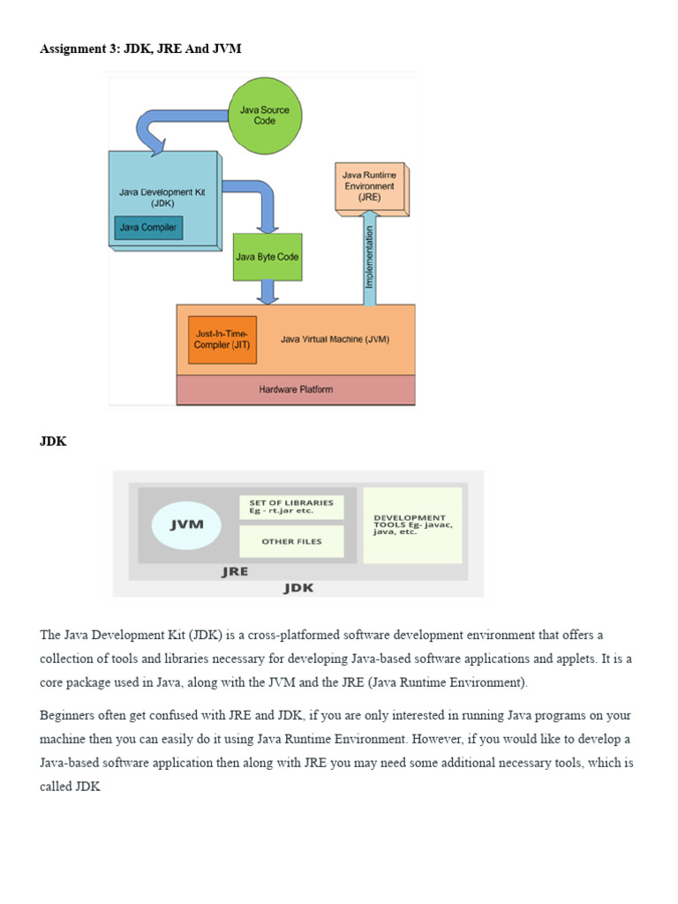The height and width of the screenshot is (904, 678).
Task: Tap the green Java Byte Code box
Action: (267, 257)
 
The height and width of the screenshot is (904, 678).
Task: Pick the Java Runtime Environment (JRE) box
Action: (369, 187)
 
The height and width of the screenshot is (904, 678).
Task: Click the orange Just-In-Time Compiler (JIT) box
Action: (222, 340)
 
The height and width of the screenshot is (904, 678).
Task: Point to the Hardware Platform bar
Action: (296, 389)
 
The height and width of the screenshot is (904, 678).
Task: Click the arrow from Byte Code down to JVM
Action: (267, 292)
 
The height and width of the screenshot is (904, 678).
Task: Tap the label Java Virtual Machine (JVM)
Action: (335, 339)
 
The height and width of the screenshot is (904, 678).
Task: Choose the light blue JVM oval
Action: (186, 524)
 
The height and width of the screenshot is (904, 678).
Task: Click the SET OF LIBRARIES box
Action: (291, 507)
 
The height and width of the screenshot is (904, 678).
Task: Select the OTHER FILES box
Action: (291, 541)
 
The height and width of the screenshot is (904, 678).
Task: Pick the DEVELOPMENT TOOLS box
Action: (412, 524)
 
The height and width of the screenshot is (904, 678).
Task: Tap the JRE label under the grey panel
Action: (234, 571)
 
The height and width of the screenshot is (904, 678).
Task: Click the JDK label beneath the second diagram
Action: (298, 588)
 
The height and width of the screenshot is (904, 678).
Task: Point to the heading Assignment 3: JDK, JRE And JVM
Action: (140, 49)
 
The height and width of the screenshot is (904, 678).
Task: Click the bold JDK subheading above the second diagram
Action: (53, 442)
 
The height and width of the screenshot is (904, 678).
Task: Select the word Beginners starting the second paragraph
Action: (70, 715)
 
